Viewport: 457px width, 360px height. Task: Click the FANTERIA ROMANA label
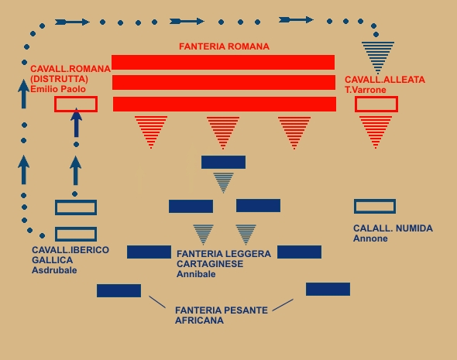pos(224,46)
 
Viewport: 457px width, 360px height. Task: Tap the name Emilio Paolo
pos(58,89)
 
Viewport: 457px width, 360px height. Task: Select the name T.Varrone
pos(366,90)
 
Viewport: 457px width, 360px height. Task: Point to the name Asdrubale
pos(54,270)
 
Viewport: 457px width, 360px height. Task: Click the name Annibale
pos(196,274)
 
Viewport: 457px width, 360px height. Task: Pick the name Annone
pos(370,238)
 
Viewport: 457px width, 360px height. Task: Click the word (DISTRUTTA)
pos(59,79)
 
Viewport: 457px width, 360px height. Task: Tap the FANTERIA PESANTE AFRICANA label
pos(222,315)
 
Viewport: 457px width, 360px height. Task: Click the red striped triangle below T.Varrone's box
pos(376,131)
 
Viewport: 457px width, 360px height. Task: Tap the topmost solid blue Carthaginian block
pos(223,163)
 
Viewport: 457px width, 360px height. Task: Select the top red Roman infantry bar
pos(223,63)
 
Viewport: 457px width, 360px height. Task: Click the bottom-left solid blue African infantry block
pos(119,290)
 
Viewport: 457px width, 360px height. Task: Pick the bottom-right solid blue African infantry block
pos(328,289)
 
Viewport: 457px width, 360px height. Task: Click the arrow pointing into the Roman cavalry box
pos(77,122)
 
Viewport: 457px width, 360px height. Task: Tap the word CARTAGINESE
pos(210,264)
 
